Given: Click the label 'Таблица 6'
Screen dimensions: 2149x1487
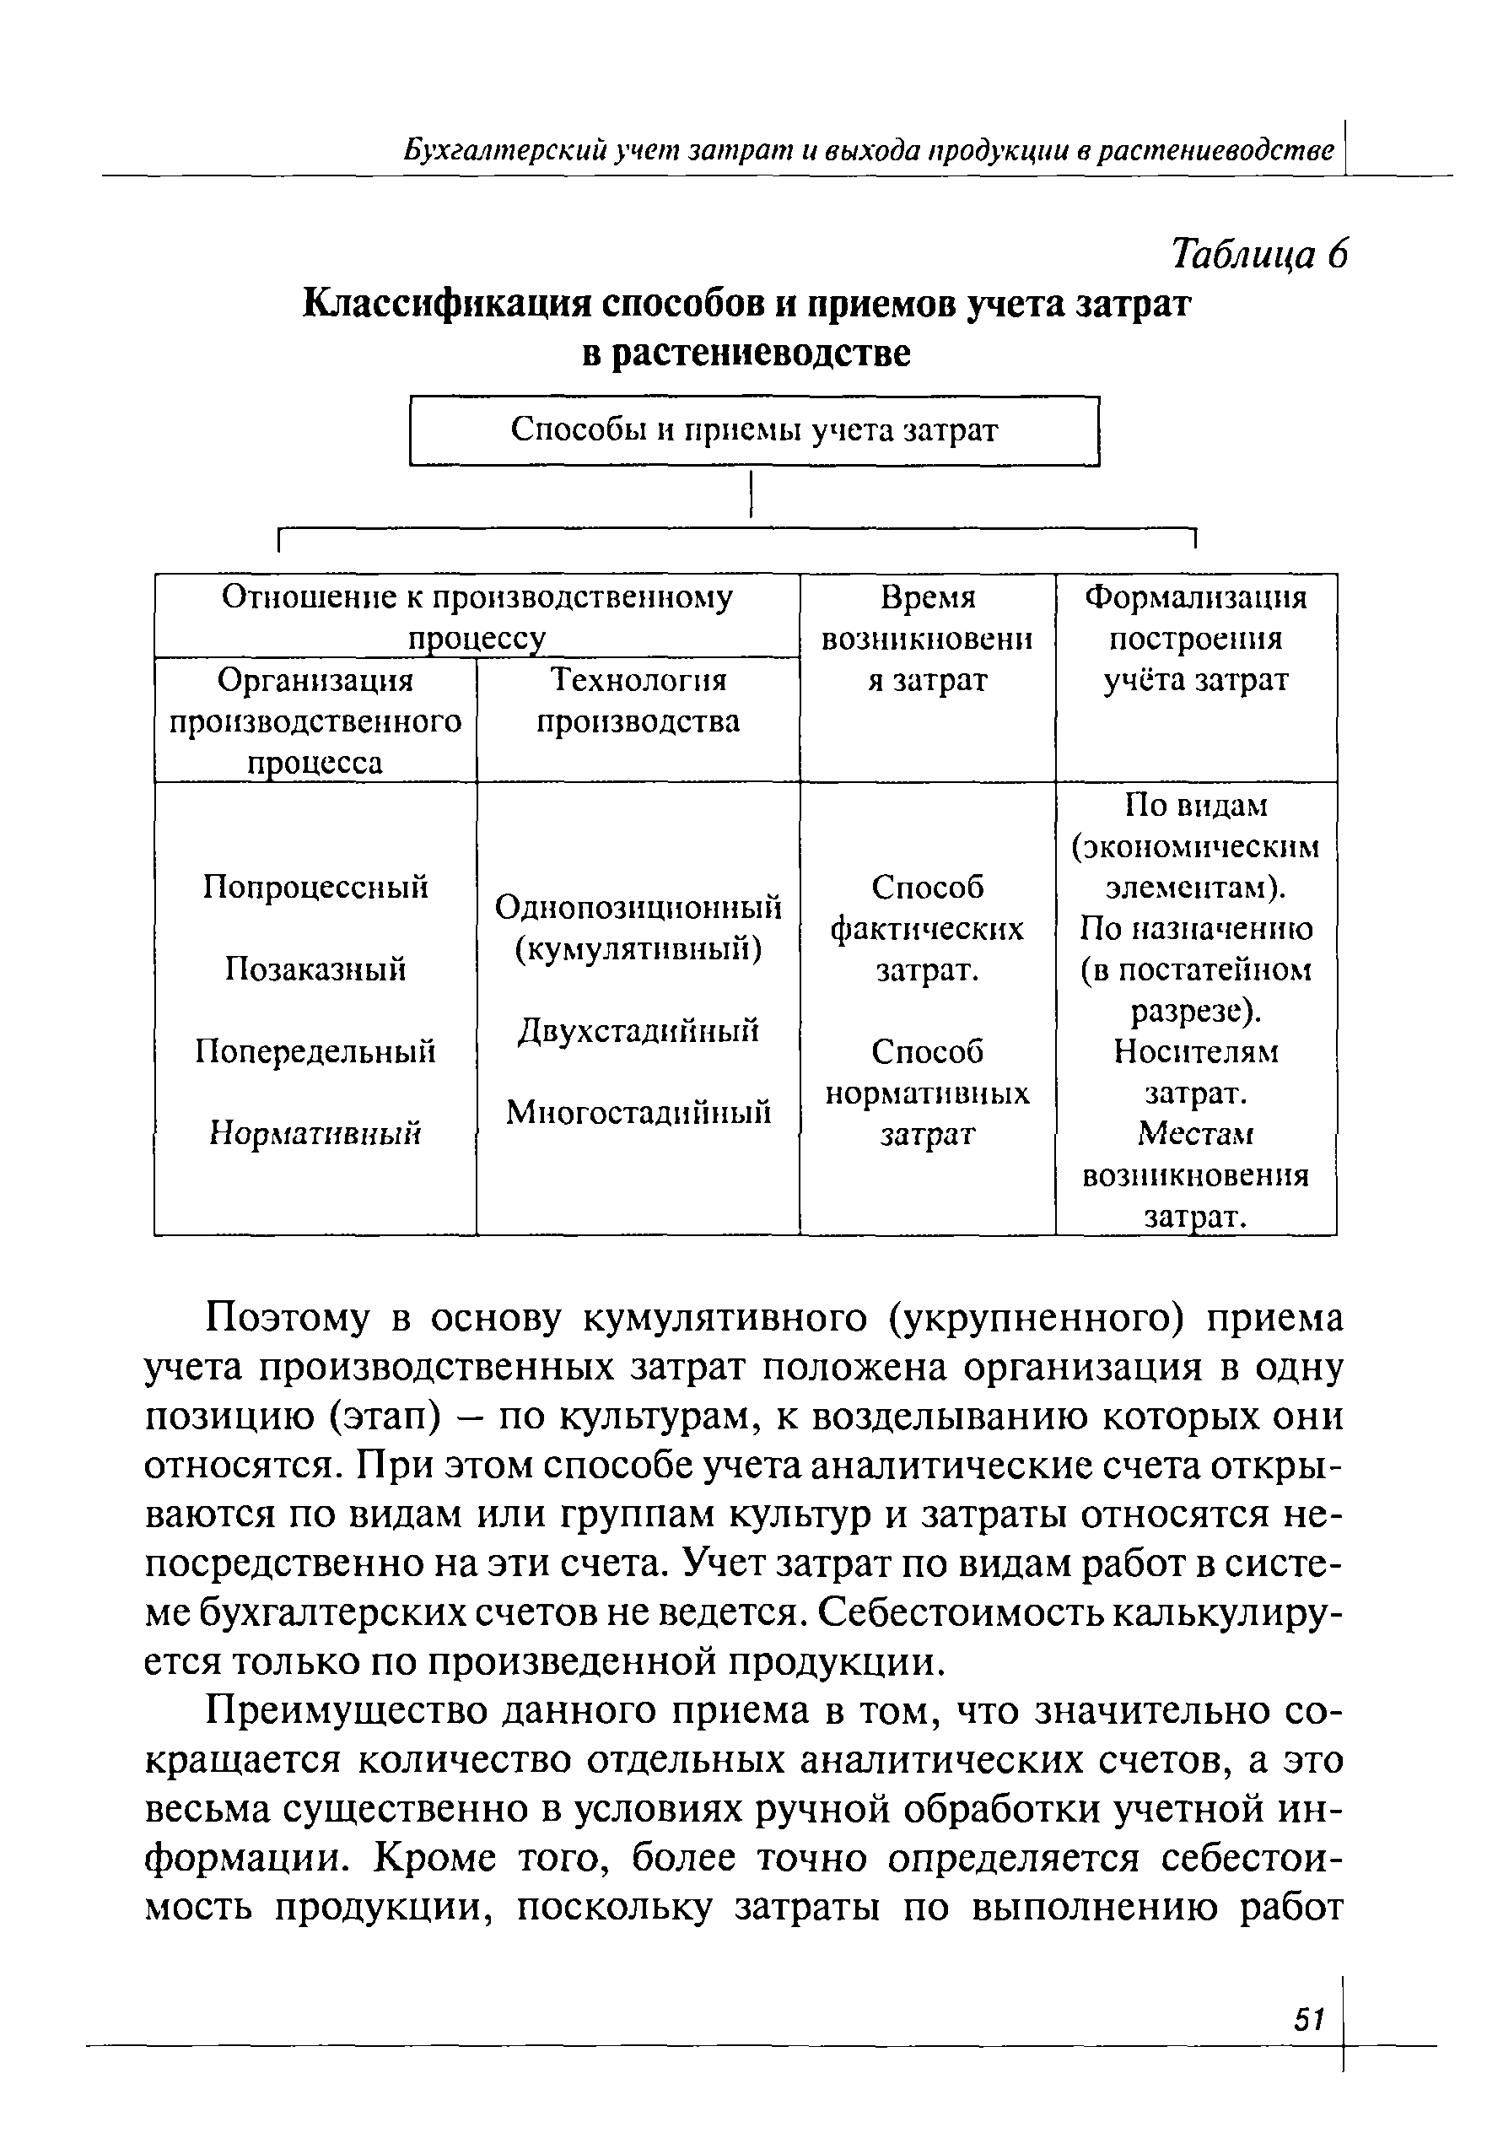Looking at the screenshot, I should coord(1259,253).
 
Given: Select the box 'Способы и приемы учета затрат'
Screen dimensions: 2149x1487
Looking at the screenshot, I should coord(755,430).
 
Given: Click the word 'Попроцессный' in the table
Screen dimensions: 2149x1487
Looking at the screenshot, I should coord(315,887).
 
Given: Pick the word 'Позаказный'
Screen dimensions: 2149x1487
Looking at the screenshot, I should coord(315,969).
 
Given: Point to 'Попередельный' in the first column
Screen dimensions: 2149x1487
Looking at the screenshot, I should coord(315,1051).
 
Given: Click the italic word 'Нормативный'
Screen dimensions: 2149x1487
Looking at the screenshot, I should coord(315,1133).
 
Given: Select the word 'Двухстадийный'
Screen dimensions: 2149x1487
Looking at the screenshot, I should coord(638,1031).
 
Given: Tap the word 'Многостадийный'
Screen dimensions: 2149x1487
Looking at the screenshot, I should coord(638,1112).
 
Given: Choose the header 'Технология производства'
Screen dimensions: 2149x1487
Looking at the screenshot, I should coord(638,701).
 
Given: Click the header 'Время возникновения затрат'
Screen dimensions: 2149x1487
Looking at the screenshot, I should coord(927,640).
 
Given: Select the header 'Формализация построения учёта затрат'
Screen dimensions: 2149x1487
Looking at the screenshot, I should coord(1196,640).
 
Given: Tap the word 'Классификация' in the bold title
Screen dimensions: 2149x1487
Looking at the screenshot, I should coord(447,305).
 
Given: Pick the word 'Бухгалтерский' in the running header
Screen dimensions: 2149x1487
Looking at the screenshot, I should coord(504,150).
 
